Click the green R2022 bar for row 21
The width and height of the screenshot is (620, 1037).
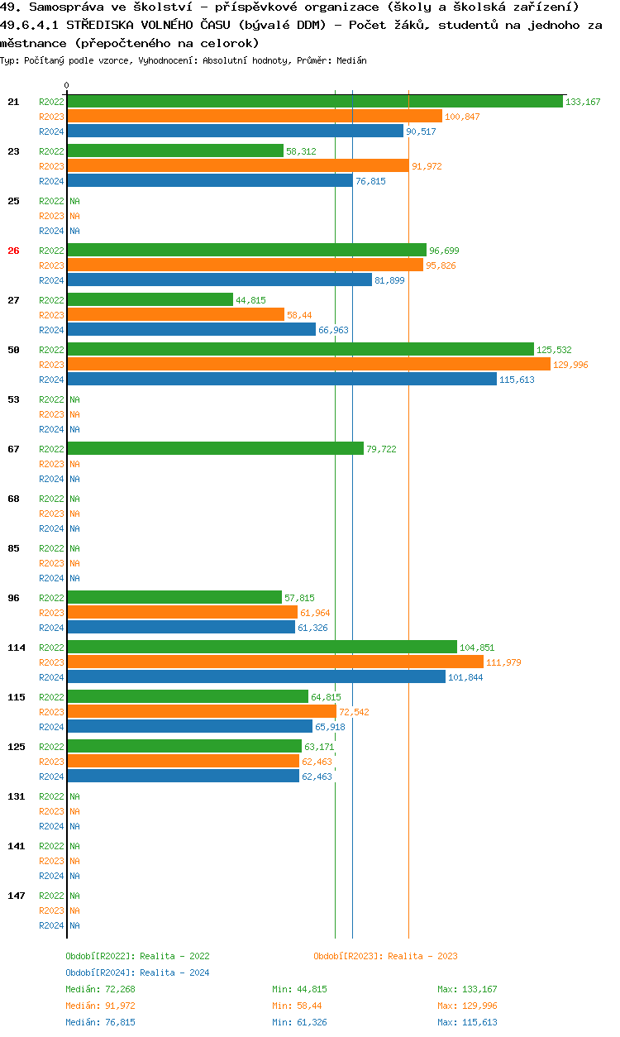(x=315, y=102)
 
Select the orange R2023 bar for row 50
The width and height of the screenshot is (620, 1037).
(x=308, y=365)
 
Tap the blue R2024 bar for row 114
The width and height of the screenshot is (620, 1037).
(x=256, y=677)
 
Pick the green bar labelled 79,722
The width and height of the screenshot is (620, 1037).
(x=215, y=449)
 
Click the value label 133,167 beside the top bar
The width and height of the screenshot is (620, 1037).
(x=583, y=102)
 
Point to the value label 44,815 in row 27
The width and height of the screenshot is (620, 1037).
(x=250, y=300)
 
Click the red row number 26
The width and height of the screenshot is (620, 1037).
(x=13, y=251)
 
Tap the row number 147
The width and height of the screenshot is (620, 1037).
(x=16, y=896)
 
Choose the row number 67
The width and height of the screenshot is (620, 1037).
(x=13, y=449)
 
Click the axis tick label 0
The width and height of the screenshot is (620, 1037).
(x=67, y=85)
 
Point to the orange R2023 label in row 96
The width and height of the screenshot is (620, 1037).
(x=51, y=613)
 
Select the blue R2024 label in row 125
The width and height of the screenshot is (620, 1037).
(x=51, y=777)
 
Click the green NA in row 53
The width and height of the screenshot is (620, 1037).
(x=74, y=399)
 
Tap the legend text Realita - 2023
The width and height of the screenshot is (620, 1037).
(x=422, y=956)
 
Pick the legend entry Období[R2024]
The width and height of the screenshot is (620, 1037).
(x=101, y=972)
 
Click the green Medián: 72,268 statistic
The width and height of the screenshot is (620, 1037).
(x=100, y=989)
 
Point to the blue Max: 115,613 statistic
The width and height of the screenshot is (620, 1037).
(x=467, y=1022)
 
